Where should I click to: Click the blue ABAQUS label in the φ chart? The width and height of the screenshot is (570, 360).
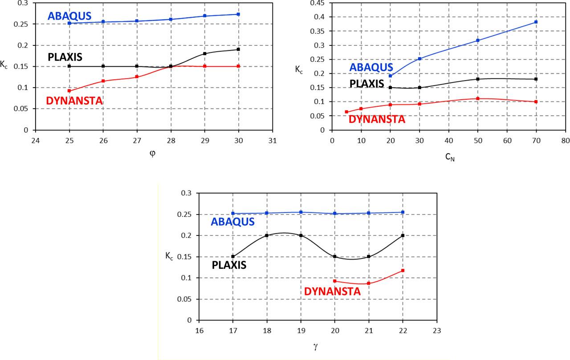[x=69, y=16]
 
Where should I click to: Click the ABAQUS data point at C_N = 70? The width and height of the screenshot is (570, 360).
[x=536, y=22]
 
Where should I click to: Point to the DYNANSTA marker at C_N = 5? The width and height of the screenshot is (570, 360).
[x=346, y=112]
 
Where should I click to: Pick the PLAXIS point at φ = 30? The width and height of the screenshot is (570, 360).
[x=239, y=49]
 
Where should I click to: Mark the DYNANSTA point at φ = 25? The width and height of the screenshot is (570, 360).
[x=69, y=91]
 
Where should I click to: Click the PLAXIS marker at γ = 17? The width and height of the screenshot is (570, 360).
[x=233, y=256]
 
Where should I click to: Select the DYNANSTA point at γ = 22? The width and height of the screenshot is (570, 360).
[x=403, y=271]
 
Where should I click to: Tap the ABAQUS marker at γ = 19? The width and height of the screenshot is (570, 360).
[x=301, y=212]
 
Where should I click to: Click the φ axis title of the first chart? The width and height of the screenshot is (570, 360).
[x=154, y=154]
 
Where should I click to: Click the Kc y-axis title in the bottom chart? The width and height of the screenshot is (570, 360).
[x=168, y=257]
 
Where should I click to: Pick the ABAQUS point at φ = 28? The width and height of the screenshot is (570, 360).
[x=171, y=19]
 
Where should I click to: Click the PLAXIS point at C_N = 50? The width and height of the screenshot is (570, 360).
[x=477, y=79]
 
